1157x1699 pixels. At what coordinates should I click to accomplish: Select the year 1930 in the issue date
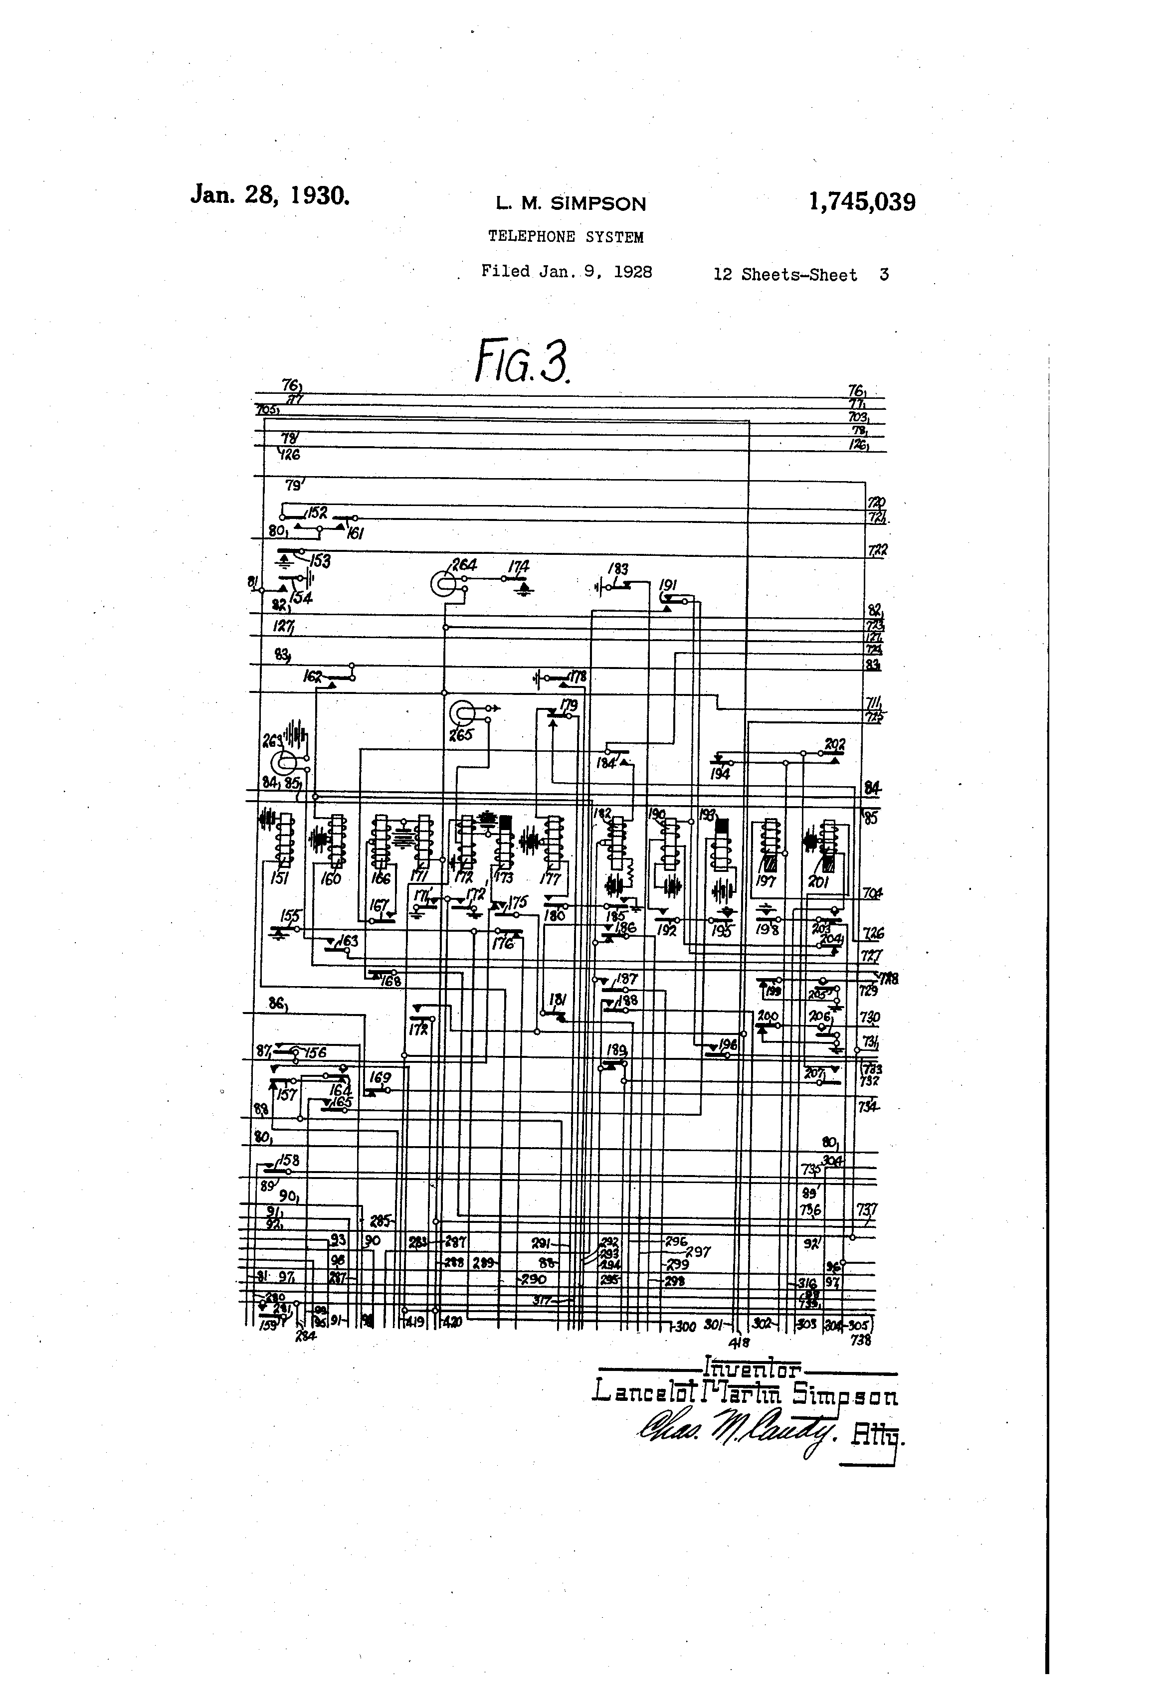coord(320,195)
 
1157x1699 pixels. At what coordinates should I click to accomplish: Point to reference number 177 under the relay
coord(550,879)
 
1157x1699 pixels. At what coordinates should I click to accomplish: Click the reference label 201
coord(818,882)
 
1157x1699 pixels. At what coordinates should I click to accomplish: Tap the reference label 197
coord(766,882)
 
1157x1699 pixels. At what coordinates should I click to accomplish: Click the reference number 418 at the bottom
coord(740,1342)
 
